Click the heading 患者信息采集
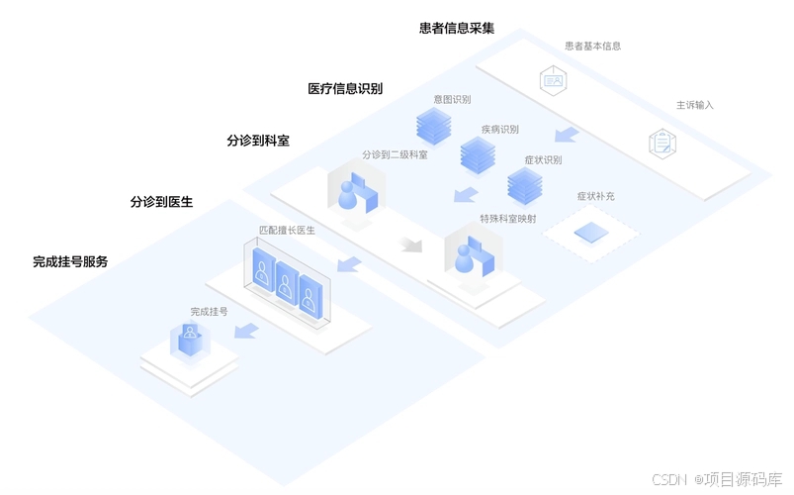[456, 28]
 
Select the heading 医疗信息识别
[345, 88]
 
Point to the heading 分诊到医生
[161, 202]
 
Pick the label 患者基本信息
[592, 46]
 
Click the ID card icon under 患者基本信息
[552, 79]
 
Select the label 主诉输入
[694, 104]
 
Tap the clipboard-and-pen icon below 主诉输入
[662, 143]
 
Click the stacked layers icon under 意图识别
[433, 125]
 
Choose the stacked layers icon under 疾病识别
[478, 154]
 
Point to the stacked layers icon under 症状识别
[524, 184]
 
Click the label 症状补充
[595, 196]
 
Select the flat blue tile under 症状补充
[591, 233]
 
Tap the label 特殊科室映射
[507, 219]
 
